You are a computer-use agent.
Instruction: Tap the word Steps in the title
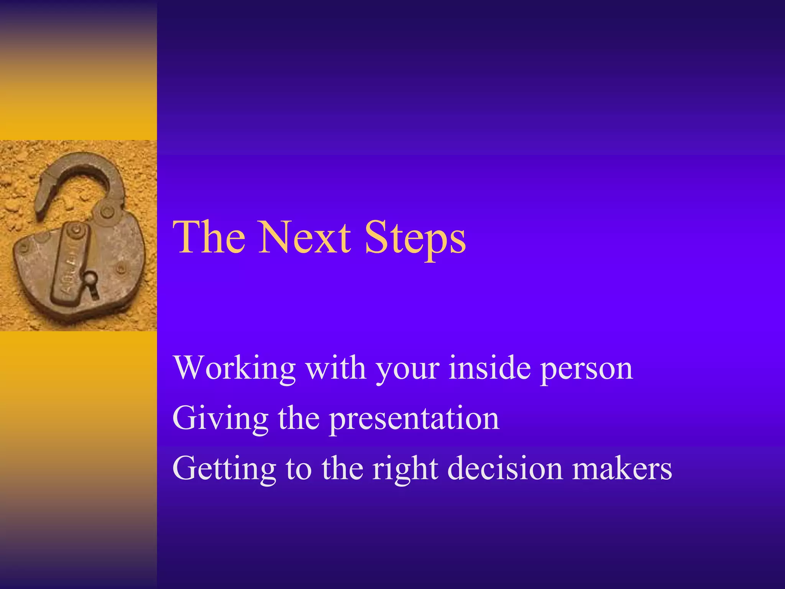[415, 238]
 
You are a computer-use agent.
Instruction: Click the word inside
[489, 368]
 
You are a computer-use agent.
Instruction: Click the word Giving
[220, 419]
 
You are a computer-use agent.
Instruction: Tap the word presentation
[414, 419]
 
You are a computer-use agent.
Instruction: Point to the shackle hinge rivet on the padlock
[107, 212]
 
